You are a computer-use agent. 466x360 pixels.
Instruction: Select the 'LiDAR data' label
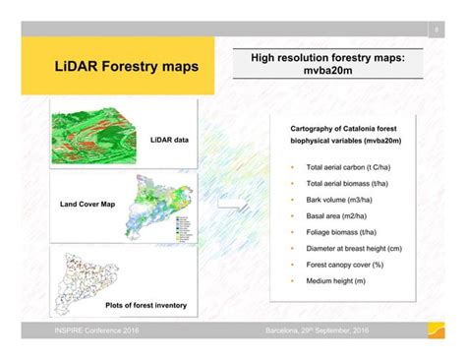(169, 141)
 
